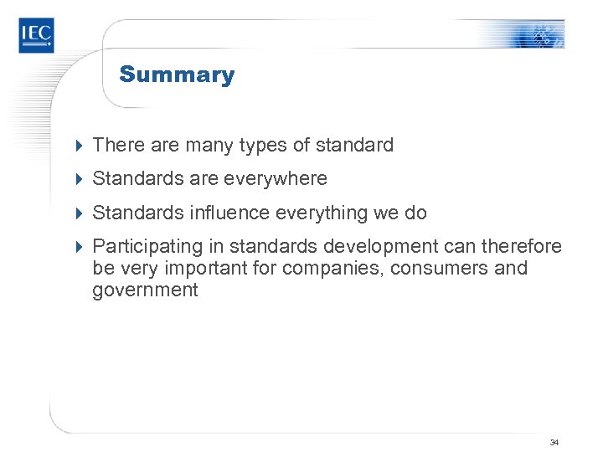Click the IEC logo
(36, 36)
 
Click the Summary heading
(177, 74)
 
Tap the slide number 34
(554, 441)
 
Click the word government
(145, 290)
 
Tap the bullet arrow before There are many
(80, 146)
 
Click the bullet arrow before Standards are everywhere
(80, 179)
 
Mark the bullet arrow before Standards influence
(80, 213)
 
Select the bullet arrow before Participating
(80, 246)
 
